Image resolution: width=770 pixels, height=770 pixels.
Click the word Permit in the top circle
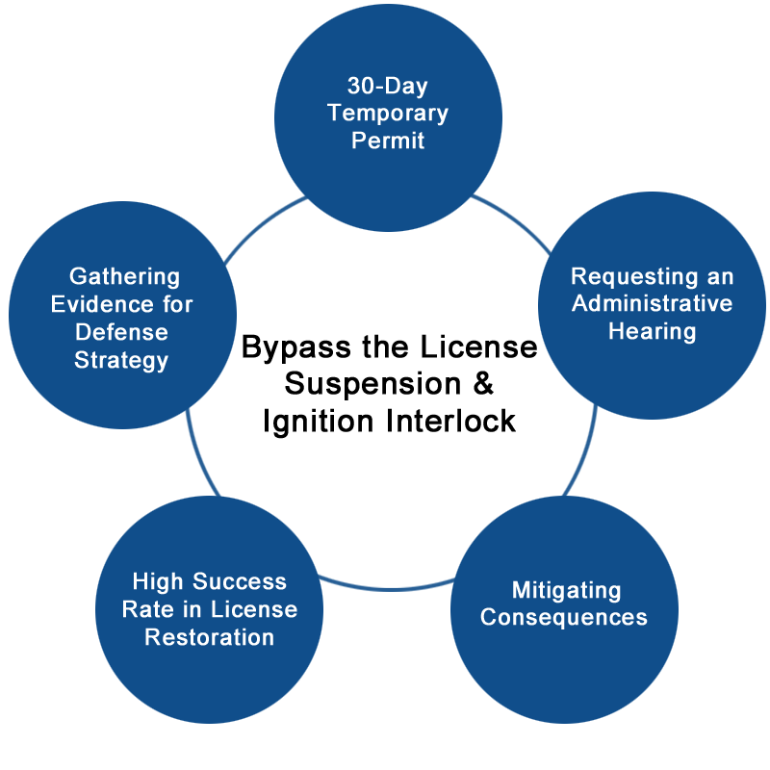point(388,141)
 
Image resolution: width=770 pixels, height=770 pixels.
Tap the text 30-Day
point(388,86)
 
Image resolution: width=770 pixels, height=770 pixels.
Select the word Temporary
point(388,113)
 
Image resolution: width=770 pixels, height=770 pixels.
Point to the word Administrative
point(652,304)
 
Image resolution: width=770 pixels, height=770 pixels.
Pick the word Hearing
point(652,331)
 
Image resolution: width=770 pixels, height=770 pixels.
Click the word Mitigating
point(566,589)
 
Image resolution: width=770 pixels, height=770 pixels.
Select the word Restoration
point(210,636)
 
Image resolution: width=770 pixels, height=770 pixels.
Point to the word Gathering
point(124,277)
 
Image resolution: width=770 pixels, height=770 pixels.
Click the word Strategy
point(124,360)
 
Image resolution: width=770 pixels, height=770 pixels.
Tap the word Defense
point(124,332)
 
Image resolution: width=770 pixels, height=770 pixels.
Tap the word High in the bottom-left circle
point(157,581)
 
